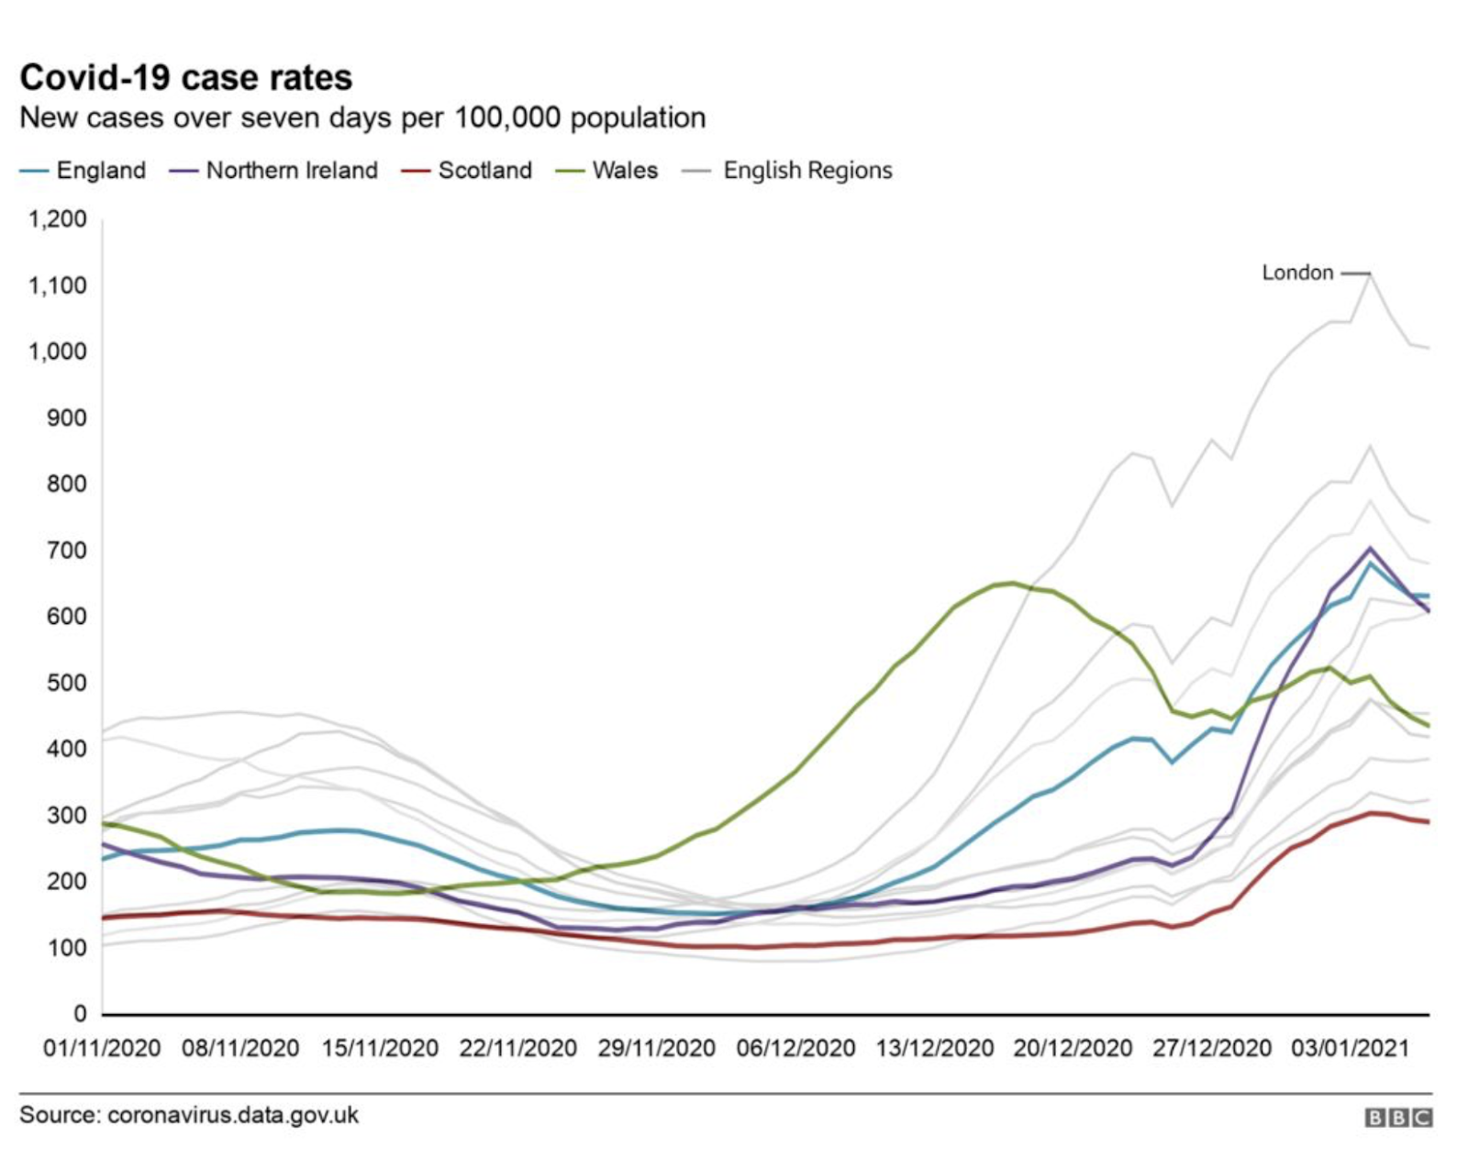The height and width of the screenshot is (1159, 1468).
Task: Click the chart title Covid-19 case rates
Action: pos(186,78)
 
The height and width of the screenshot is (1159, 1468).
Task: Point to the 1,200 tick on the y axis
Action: pos(58,219)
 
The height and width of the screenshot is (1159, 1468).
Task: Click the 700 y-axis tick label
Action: pos(67,551)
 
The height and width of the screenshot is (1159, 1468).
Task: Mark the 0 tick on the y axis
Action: pos(80,1014)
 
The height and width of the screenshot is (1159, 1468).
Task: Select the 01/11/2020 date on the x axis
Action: pos(102,1048)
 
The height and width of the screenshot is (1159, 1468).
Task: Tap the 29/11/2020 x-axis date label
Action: pos(656,1048)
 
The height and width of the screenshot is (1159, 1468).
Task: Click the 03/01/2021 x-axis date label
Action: pos(1350,1048)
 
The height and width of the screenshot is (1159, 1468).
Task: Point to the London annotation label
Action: pos(1297,273)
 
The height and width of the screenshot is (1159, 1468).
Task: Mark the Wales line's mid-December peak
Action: pos(1012,583)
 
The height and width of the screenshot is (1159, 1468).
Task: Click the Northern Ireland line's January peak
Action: pos(1370,548)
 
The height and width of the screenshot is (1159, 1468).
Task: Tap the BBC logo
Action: pos(1398,1118)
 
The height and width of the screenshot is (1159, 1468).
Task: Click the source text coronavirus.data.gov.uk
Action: pos(233,1116)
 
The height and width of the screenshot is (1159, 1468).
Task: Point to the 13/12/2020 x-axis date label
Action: pos(934,1048)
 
